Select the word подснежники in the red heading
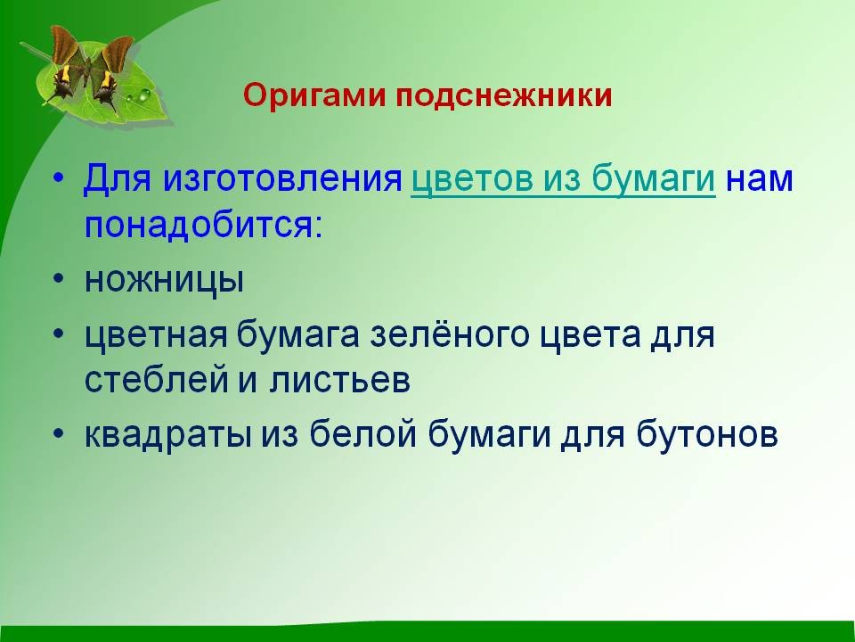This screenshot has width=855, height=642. [504, 96]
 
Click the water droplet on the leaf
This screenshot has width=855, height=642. [143, 96]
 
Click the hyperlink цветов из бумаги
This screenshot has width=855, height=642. [563, 179]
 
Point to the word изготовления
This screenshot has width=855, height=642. [282, 179]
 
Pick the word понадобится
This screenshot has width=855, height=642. [203, 225]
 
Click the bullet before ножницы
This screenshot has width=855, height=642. [59, 278]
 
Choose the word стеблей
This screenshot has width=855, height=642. [156, 380]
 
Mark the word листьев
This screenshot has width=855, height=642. [339, 380]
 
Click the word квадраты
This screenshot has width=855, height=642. [168, 435]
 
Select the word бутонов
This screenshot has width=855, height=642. [706, 434]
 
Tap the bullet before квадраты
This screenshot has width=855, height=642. [59, 432]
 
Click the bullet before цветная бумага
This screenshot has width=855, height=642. [59, 333]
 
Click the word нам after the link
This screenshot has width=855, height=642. [759, 180]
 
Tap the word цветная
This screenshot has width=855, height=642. [156, 336]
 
